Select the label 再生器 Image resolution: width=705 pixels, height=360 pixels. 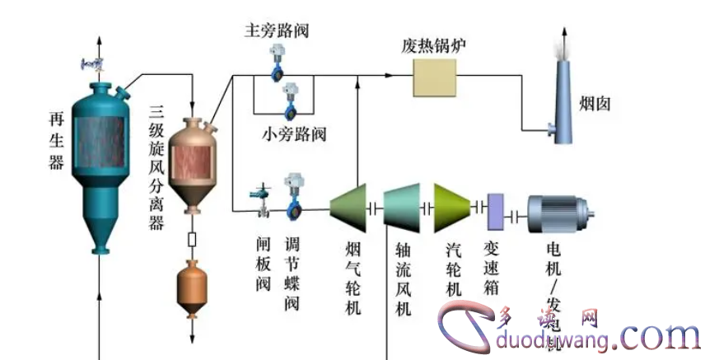56,140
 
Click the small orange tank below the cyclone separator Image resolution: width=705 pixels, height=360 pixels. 192,284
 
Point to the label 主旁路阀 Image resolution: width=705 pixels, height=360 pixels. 277,31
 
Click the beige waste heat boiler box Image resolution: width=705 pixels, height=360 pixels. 434,78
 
